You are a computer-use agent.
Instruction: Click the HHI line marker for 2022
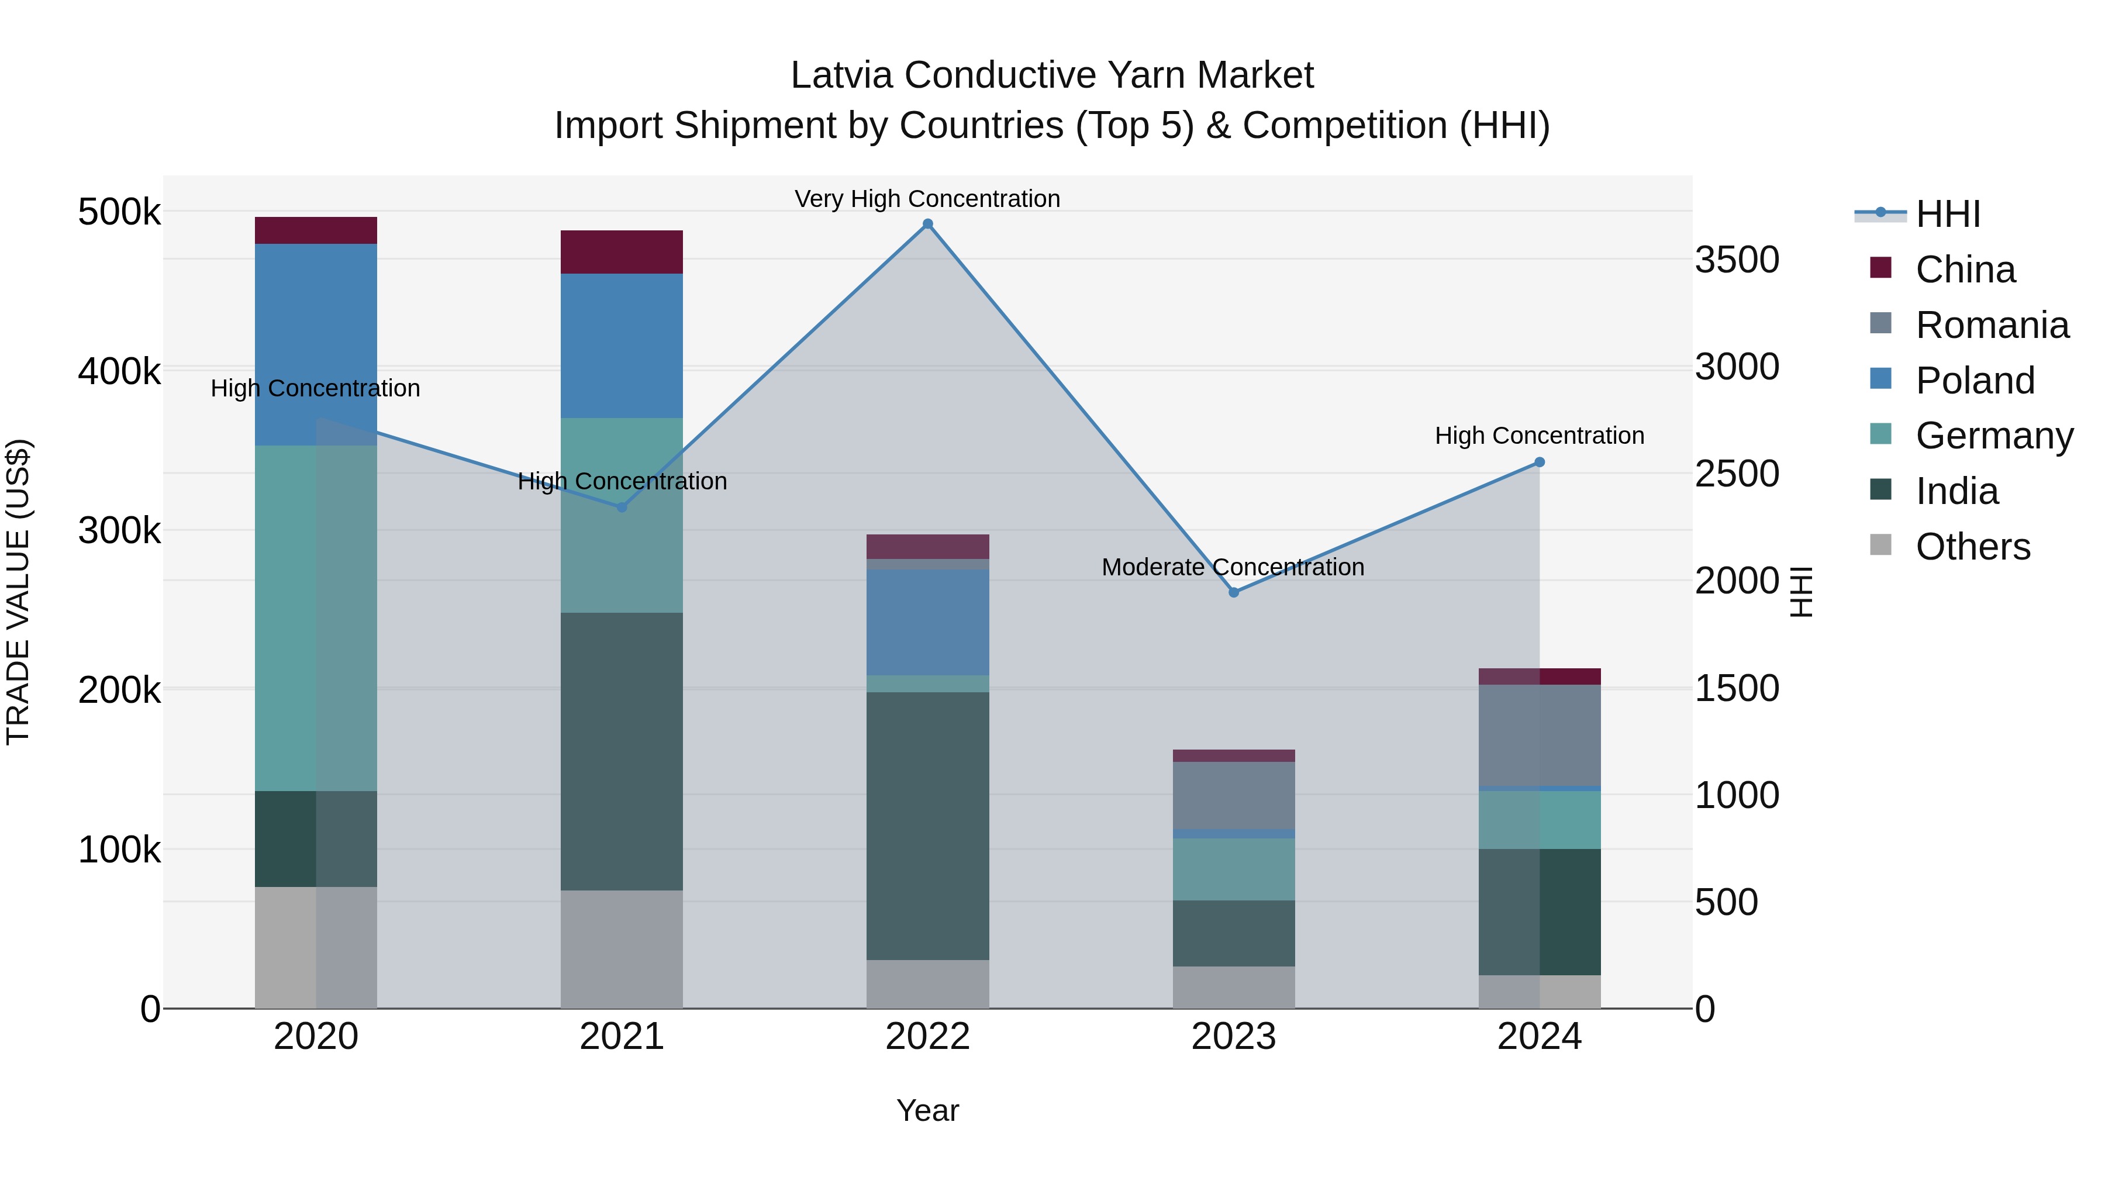[x=927, y=224]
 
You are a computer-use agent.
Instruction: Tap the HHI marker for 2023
[x=1234, y=592]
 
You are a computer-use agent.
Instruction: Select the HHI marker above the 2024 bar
[x=1540, y=462]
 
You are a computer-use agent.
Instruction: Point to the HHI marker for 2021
[x=622, y=508]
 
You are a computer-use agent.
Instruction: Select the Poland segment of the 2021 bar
[x=622, y=346]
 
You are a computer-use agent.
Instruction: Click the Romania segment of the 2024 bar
[x=1540, y=736]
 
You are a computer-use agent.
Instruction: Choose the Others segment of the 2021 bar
[x=622, y=949]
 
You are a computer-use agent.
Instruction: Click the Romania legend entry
[x=1992, y=325]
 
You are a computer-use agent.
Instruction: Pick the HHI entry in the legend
[x=1947, y=214]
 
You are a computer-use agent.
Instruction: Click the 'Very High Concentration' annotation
[x=927, y=199]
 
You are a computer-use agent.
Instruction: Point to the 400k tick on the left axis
[x=119, y=371]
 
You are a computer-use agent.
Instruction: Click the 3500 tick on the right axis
[x=1737, y=260]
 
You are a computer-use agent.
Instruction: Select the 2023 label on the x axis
[x=1233, y=1037]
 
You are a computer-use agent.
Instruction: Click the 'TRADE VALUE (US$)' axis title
[x=18, y=592]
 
